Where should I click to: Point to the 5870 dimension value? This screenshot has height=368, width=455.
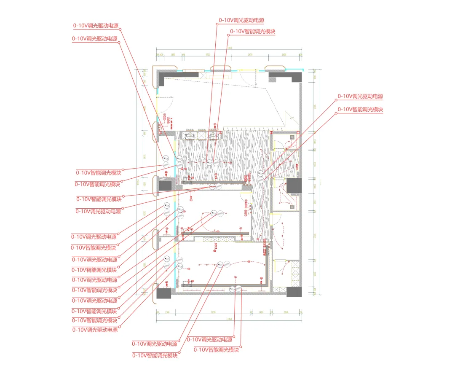(213, 312)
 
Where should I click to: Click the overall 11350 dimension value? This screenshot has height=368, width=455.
(229, 319)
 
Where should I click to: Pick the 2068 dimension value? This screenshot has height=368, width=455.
(286, 312)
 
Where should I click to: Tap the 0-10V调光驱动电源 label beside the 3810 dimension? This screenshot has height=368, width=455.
(360, 97)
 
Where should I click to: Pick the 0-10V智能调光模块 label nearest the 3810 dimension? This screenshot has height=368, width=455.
(360, 110)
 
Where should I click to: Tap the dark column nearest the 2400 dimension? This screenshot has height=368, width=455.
(285, 77)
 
